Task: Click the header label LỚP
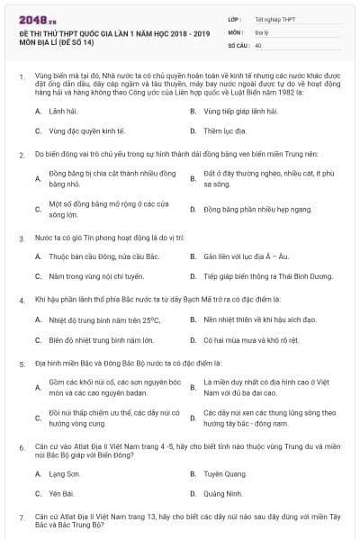pyautogui.click(x=235, y=17)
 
